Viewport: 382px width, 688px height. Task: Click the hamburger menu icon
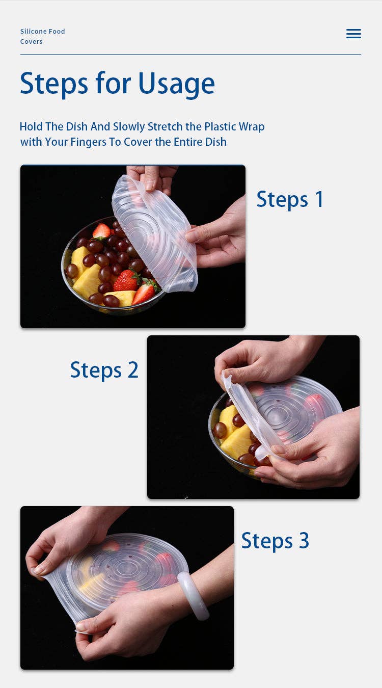pyautogui.click(x=353, y=34)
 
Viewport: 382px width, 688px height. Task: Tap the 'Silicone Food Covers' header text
pyautogui.click(x=42, y=36)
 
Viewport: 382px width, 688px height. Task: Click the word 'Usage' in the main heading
pyautogui.click(x=176, y=84)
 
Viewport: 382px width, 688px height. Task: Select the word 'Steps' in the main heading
pyautogui.click(x=54, y=84)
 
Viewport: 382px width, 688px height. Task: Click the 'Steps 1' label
pyautogui.click(x=290, y=199)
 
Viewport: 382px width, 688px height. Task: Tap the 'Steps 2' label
pyautogui.click(x=104, y=370)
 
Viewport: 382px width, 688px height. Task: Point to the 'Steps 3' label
pyautogui.click(x=275, y=541)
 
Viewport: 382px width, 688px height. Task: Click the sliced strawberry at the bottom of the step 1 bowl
pyautogui.click(x=144, y=293)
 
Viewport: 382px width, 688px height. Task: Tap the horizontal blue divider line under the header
pyautogui.click(x=190, y=55)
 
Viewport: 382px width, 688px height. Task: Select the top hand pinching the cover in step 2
pyautogui.click(x=268, y=359)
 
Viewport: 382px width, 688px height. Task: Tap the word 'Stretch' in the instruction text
pyautogui.click(x=165, y=126)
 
